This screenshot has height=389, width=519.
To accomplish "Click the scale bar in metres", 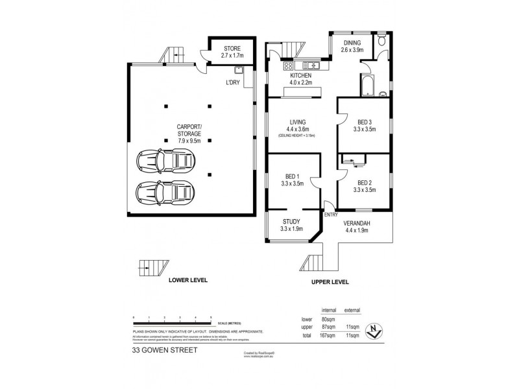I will pos(172,322).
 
